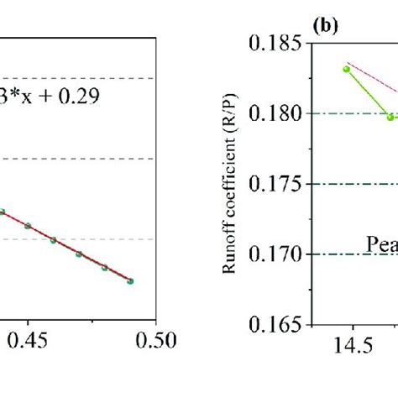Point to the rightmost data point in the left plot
130,281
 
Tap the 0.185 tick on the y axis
278,43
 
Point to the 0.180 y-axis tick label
278,113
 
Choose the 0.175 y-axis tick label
278,184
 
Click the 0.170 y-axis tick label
278,254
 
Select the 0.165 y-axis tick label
278,324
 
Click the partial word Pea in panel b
382,244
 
